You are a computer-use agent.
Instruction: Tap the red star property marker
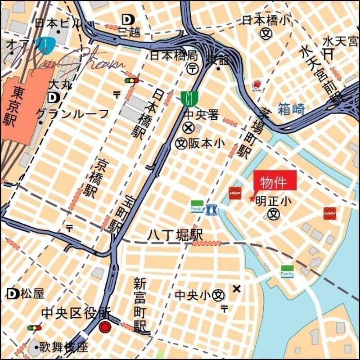click(x=252, y=198)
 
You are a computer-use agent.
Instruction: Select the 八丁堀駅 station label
click(x=176, y=235)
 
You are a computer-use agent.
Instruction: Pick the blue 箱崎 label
click(x=291, y=109)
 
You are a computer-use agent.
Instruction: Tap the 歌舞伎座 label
click(x=63, y=347)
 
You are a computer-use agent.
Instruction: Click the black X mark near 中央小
click(x=237, y=288)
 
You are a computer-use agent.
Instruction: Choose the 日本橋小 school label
click(x=267, y=20)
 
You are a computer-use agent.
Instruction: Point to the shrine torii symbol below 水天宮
click(x=328, y=54)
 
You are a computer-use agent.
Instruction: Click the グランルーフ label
click(x=72, y=113)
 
